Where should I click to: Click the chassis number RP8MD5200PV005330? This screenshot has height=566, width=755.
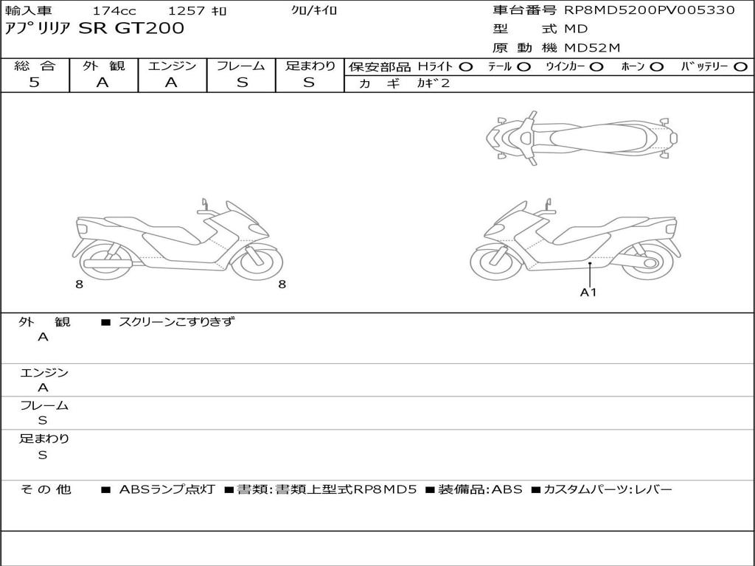point(650,10)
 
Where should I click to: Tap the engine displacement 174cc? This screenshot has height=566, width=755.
point(114,10)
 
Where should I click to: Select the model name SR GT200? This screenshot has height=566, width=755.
point(131,28)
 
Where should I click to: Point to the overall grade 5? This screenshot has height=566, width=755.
point(34,82)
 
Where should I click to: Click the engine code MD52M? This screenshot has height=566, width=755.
point(592,48)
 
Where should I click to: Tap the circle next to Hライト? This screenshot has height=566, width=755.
point(466,67)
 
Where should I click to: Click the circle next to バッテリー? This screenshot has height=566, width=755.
point(740,67)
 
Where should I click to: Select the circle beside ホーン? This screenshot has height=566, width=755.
point(657,67)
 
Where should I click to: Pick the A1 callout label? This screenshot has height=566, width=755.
point(588,292)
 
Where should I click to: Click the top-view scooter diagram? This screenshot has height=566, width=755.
point(582,138)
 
